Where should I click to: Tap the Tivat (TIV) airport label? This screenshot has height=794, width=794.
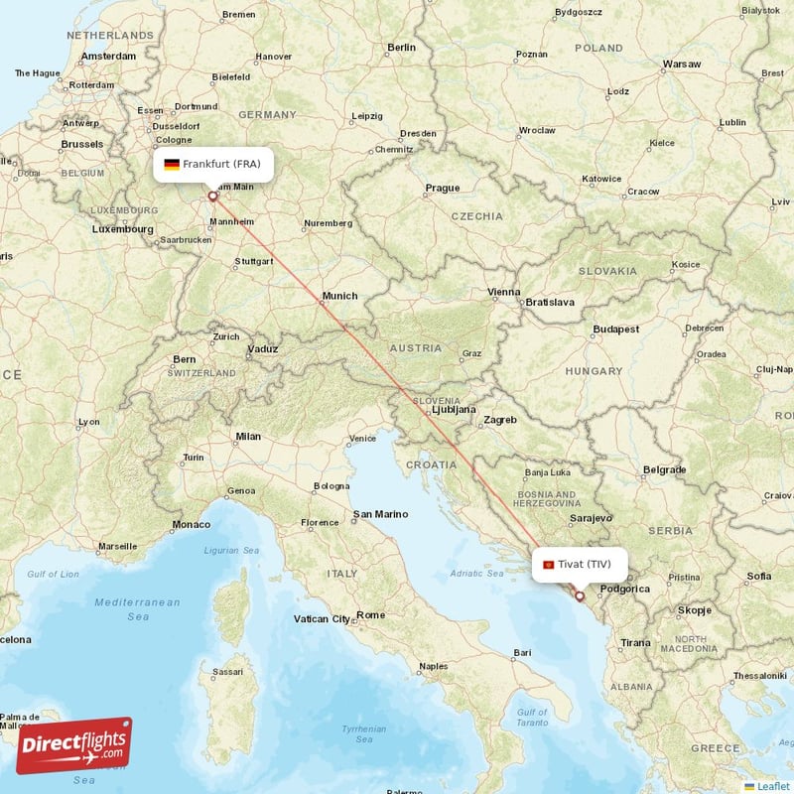coord(582,564)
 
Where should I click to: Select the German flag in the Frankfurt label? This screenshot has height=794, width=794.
coord(172,164)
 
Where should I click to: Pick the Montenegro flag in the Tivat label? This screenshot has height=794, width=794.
coord(548,565)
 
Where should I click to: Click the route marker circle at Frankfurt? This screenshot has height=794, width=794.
coord(212,197)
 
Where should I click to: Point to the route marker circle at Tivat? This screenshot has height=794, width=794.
coord(581,597)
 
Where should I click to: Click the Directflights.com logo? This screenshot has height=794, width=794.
coord(73,745)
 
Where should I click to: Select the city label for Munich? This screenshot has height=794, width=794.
coord(339,296)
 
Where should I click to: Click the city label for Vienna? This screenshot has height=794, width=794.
coord(503,292)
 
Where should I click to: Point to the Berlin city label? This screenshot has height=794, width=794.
coord(402,47)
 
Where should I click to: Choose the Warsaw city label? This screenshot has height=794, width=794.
coord(681,65)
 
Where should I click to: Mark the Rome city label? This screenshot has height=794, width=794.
coord(370,615)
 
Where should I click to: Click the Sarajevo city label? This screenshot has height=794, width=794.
coord(591,518)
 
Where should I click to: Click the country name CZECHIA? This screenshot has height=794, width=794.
coord(476,215)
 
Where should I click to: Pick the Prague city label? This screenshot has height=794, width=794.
coord(442,188)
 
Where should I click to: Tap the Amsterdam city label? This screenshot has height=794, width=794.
coord(108,57)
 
